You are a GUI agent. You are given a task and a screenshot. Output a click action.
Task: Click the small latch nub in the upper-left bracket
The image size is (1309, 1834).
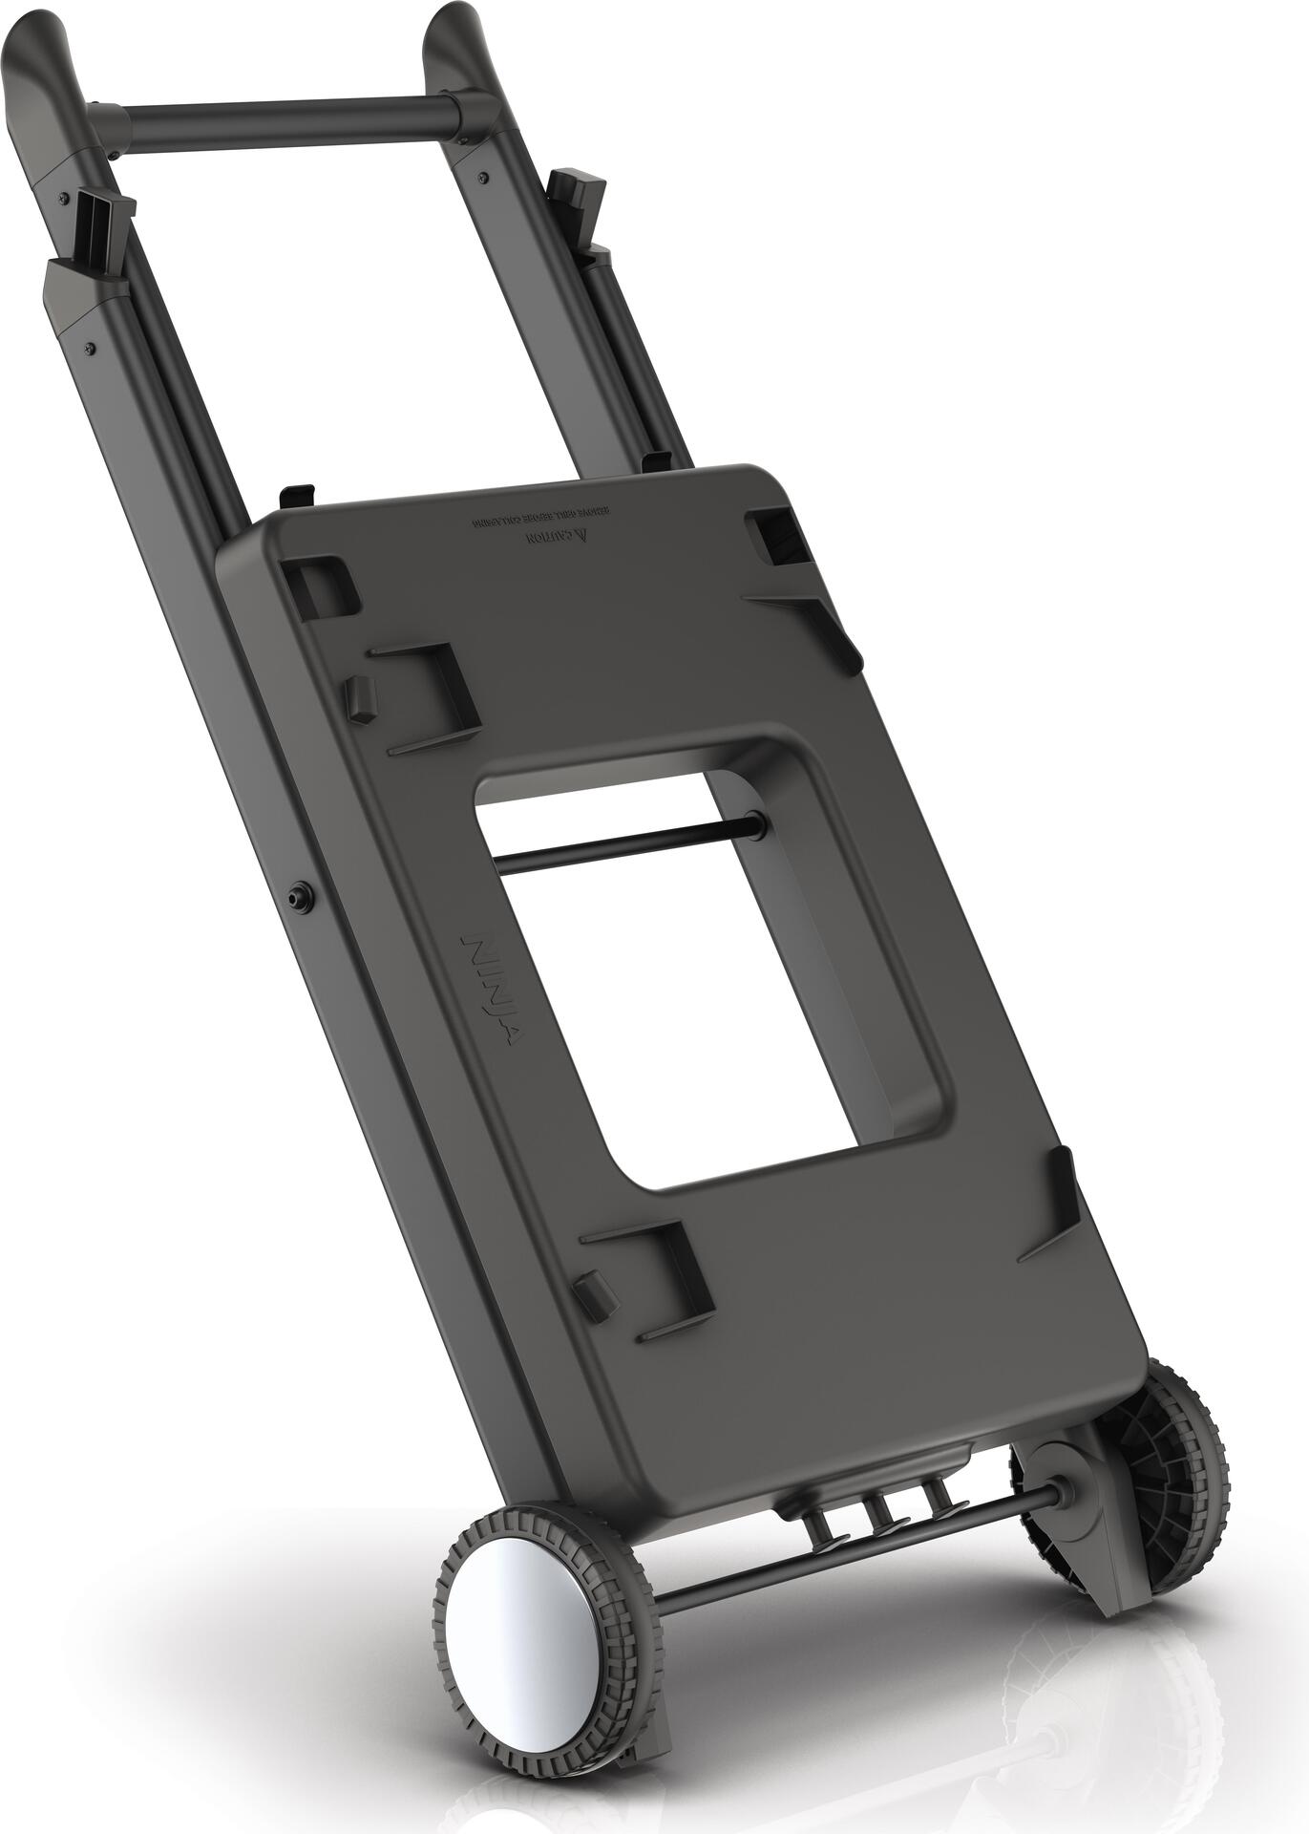tap(361, 698)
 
